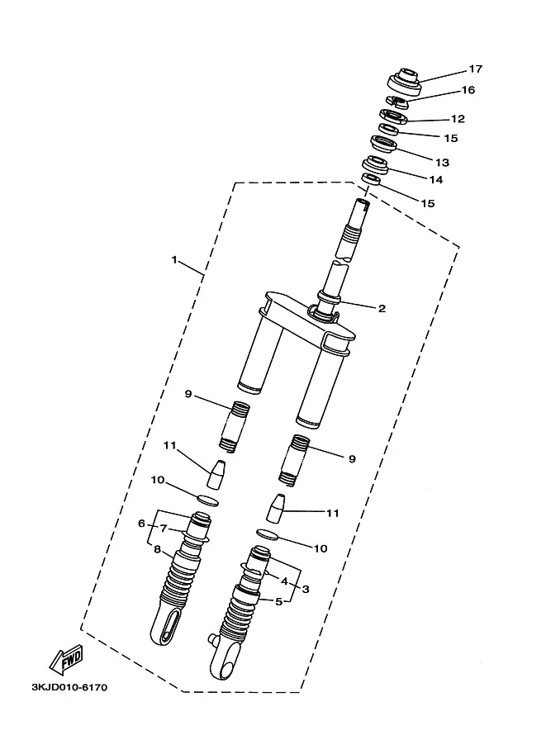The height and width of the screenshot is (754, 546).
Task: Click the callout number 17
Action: [475, 69]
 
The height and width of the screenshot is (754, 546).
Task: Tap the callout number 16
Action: [468, 90]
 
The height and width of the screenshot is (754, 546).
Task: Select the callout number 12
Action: [458, 119]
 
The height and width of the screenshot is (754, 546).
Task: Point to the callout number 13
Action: [442, 163]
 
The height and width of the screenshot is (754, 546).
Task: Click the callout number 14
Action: [436, 180]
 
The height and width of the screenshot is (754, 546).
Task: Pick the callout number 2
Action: [382, 308]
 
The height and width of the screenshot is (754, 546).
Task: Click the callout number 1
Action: [174, 260]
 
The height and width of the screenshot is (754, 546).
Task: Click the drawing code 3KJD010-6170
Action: [69, 687]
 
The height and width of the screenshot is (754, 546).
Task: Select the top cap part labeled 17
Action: [405, 83]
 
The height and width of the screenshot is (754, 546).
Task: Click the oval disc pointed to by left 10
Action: [208, 500]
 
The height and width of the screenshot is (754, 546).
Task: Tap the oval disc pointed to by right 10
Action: [267, 534]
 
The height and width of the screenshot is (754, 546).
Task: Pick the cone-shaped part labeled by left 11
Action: [216, 474]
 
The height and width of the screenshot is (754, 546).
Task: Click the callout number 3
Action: [305, 589]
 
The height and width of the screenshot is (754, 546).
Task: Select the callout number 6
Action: [141, 524]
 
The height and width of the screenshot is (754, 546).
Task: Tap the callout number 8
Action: [157, 549]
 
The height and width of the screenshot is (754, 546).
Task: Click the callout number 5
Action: [278, 601]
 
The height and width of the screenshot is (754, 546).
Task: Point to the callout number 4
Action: [284, 581]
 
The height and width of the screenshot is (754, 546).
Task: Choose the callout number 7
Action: [164, 529]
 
